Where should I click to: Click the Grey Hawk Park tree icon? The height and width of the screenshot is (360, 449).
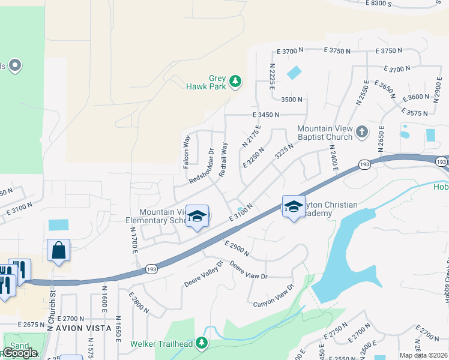(x=237, y=80)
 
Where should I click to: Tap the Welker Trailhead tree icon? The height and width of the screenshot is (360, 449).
(x=202, y=343)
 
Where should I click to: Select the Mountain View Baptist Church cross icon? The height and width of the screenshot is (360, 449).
(x=361, y=131)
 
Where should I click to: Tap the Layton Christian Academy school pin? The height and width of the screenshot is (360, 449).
(x=293, y=207)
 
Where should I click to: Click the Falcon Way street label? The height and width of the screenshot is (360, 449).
(x=187, y=151)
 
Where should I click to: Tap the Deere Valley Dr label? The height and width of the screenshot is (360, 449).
(x=204, y=272)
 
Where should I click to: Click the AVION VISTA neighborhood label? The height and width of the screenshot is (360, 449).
(x=83, y=328)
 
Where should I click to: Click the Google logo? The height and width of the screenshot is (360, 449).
(x=20, y=353)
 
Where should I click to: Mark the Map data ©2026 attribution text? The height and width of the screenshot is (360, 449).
(x=424, y=355)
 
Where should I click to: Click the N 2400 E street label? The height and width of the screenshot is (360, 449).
(x=331, y=158)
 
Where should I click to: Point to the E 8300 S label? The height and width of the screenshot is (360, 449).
(x=373, y=4)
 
